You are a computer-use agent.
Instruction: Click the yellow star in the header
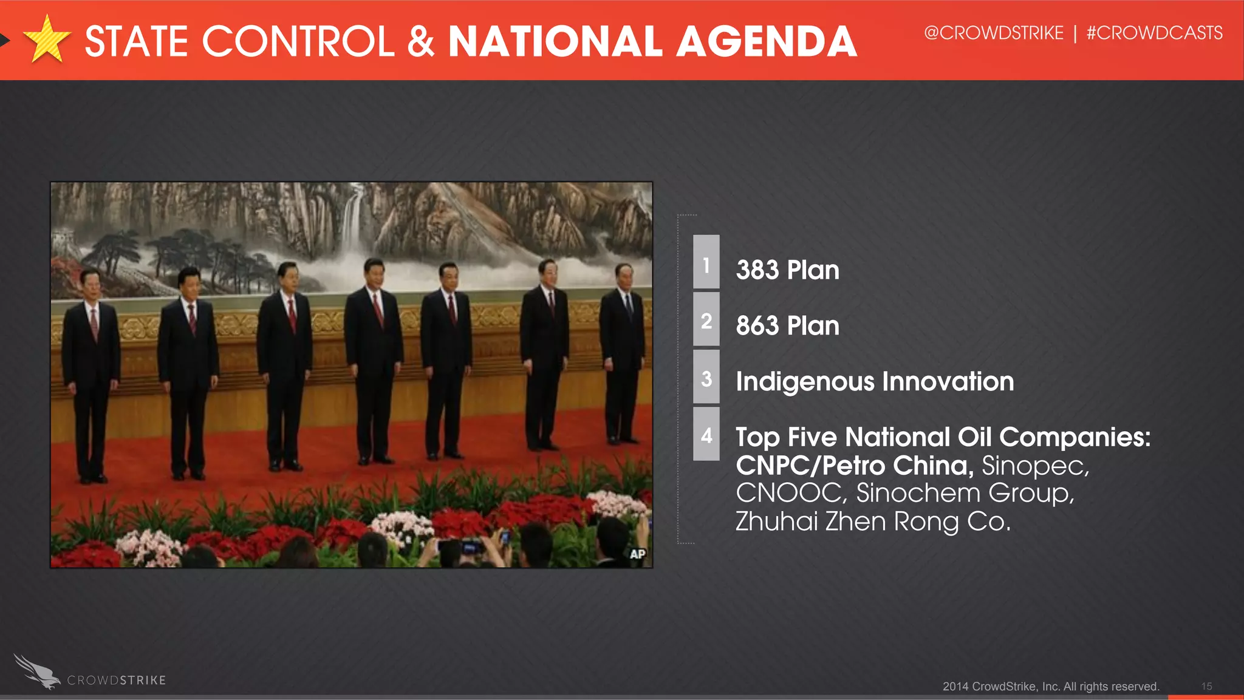(47, 40)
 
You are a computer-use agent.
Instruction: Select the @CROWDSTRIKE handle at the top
(994, 33)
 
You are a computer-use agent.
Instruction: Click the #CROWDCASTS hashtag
(1154, 33)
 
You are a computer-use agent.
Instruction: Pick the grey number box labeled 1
(706, 262)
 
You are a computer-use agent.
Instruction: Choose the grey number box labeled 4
(706, 434)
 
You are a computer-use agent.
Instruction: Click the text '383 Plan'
(787, 270)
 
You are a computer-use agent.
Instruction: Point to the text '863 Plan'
(787, 326)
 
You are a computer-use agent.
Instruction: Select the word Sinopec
(1034, 466)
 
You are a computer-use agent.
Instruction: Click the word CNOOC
(789, 493)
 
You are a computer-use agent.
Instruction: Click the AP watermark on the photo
(637, 554)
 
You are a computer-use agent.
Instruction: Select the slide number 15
(1206, 686)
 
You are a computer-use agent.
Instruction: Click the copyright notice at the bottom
(1051, 686)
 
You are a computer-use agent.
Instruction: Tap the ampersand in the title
(420, 41)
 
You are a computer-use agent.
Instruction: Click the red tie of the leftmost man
(94, 325)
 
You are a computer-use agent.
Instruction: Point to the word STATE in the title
(137, 41)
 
